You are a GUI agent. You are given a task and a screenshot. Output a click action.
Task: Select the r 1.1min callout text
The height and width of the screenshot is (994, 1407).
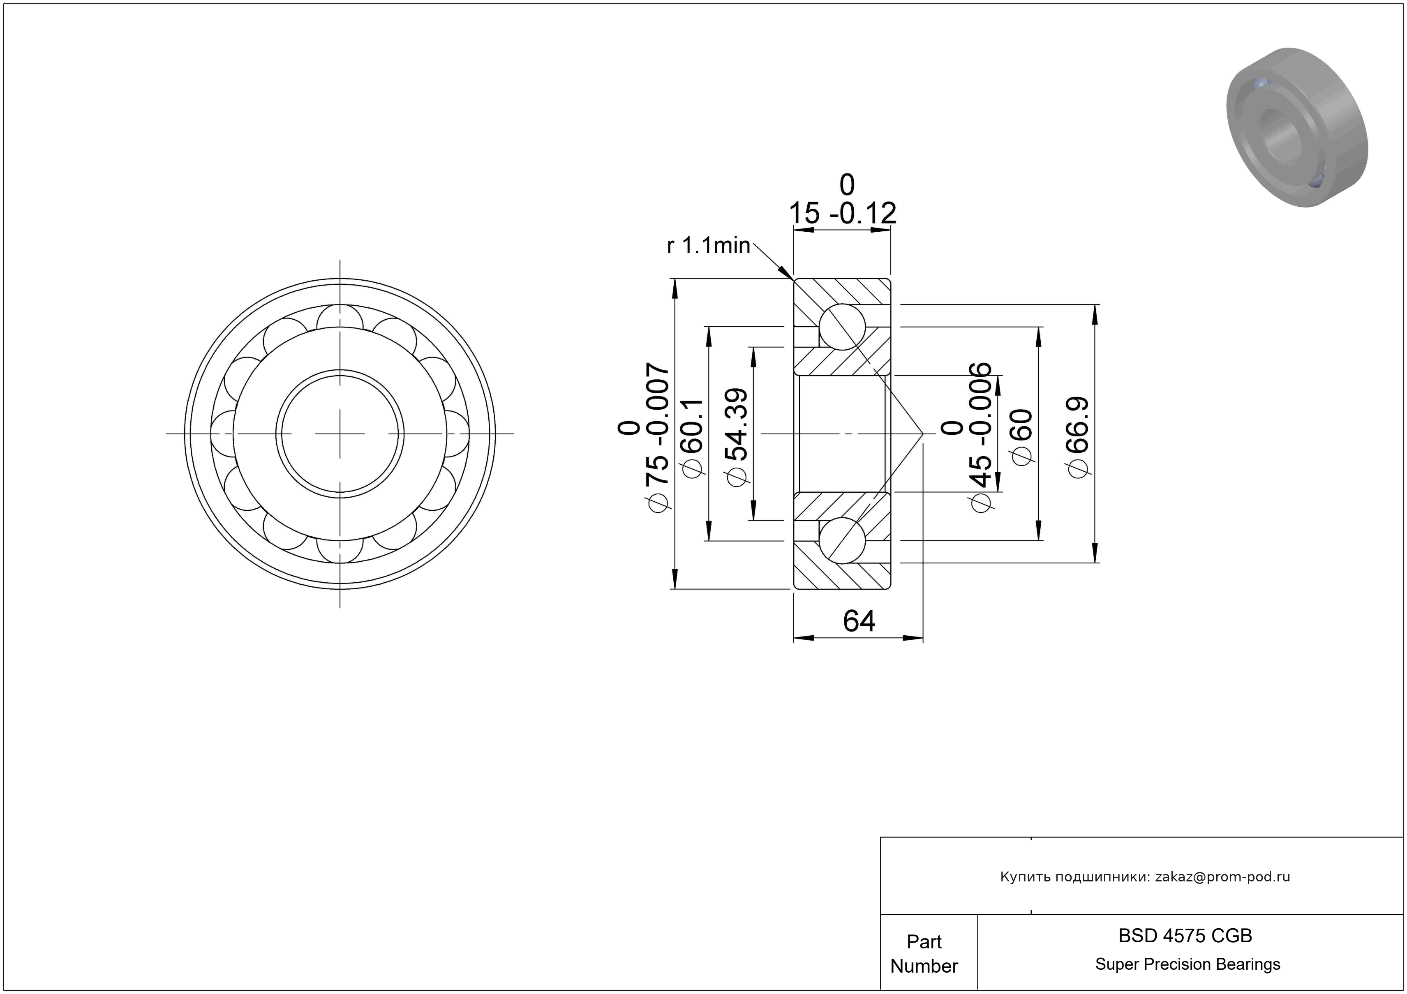coord(708,246)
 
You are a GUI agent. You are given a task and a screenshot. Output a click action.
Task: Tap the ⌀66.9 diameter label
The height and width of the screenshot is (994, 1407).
coord(1079,436)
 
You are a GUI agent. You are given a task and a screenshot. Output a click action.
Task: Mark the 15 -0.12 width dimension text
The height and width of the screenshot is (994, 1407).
coord(843,212)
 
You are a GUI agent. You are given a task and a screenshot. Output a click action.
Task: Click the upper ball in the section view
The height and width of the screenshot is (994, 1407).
coord(842,326)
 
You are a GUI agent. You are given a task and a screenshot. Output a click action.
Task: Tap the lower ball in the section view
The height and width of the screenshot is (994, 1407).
coord(842,540)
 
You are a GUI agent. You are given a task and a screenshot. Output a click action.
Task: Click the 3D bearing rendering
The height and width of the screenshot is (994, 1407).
coord(1297,127)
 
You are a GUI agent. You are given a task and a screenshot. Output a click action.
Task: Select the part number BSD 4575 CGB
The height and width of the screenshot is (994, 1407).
coord(1185,935)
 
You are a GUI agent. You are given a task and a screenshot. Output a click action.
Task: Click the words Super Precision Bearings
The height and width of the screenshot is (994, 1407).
coord(1187,964)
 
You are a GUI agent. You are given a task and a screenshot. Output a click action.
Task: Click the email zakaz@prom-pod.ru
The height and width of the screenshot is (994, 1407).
coord(1222,876)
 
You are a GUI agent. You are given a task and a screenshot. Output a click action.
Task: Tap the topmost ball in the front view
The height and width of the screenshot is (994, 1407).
coord(340,318)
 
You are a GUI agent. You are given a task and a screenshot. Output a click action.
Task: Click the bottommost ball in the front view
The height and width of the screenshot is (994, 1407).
coord(340,549)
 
